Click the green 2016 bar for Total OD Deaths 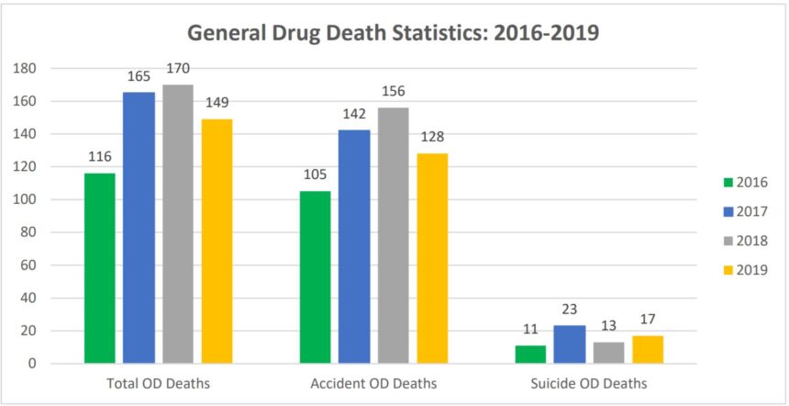point(100,267)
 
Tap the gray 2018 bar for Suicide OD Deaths point(608,353)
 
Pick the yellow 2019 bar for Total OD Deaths point(217,241)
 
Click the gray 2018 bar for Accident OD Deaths point(394,235)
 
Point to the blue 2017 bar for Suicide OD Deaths point(569,344)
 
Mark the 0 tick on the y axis point(31,364)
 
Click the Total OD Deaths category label point(158,383)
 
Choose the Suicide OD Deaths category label point(588,383)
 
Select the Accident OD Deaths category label point(373,383)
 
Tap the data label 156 point(394,90)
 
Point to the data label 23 point(569,308)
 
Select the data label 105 point(315,174)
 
